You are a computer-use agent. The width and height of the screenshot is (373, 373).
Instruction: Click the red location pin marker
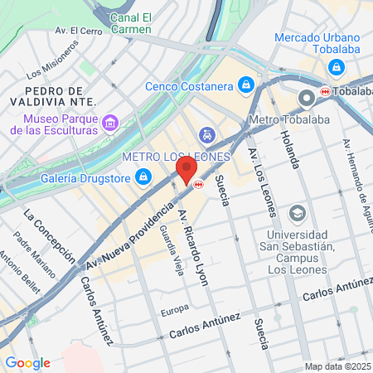186,170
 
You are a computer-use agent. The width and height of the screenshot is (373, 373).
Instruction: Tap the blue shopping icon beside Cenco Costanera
246,85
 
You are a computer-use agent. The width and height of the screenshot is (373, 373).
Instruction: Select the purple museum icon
110,124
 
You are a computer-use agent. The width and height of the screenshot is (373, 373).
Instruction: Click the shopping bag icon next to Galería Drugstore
143,177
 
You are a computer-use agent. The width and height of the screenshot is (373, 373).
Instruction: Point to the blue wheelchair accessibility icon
206,133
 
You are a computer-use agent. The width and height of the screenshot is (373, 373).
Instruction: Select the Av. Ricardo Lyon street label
192,246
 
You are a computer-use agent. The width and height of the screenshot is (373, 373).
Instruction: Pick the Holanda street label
289,150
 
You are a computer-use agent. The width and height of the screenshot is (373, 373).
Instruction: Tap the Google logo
27,363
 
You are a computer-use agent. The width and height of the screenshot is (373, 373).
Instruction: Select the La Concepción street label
44,234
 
